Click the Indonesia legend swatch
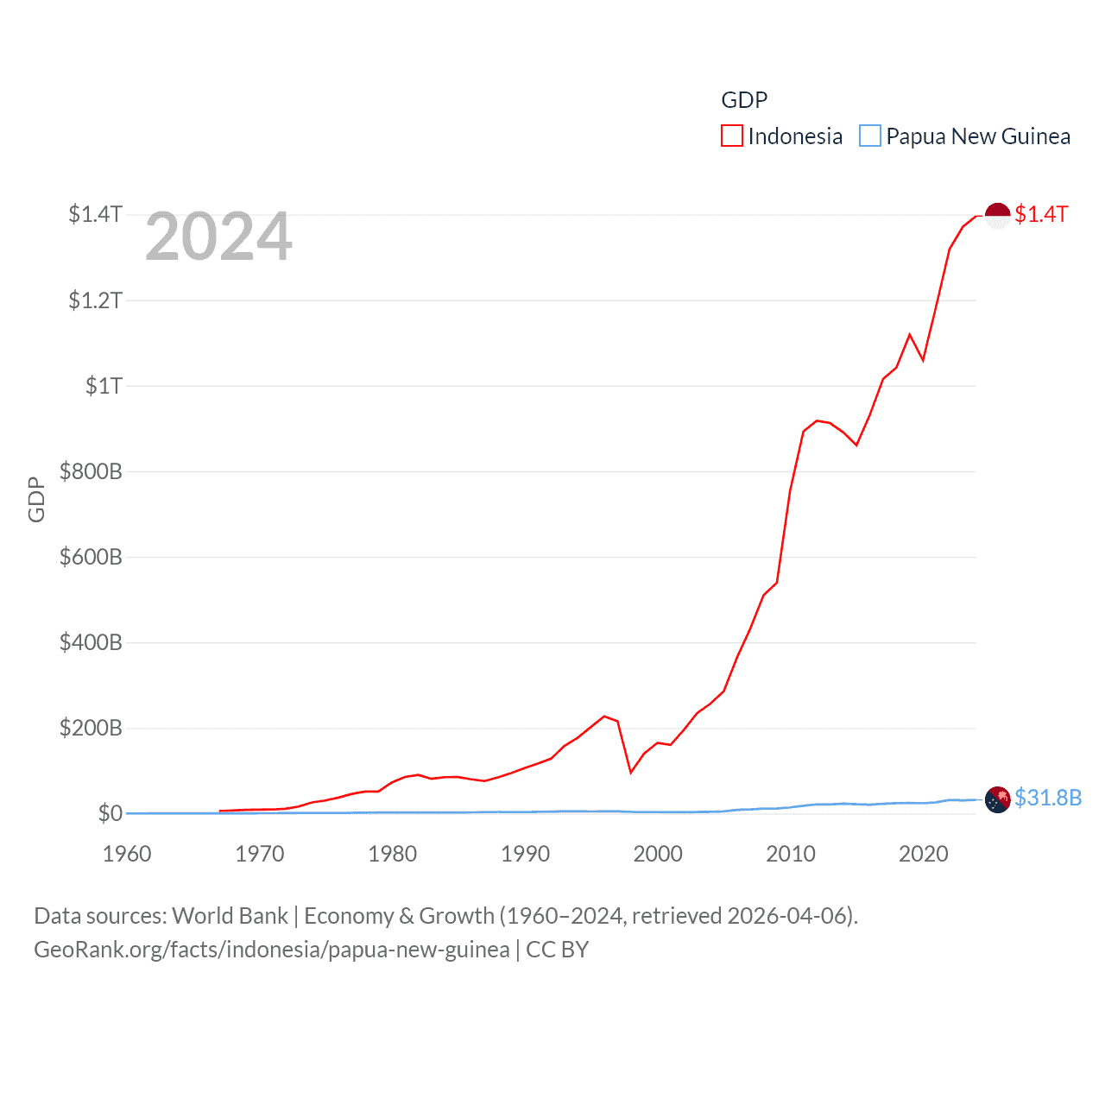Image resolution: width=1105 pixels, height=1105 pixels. [731, 136]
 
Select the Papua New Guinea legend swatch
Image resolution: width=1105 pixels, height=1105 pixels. [869, 136]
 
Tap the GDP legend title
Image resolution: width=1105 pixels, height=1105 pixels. [744, 100]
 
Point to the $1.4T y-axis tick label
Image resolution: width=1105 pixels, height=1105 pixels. [95, 214]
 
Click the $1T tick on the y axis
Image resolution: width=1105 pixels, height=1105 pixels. [104, 386]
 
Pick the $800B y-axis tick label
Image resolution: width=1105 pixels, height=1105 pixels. [91, 471]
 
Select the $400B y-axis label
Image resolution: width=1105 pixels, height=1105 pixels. [91, 642]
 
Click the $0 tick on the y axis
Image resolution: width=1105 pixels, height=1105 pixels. [110, 813]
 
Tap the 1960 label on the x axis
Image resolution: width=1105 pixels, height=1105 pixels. [127, 854]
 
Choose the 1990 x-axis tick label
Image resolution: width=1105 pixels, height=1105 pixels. [525, 854]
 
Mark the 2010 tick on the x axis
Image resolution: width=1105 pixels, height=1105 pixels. [791, 854]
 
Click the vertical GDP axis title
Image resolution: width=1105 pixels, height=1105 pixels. [36, 499]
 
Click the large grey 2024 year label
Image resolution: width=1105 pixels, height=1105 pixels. [218, 237]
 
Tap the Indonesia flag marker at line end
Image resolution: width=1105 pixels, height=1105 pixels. [997, 215]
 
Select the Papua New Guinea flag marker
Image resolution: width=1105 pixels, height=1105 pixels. [997, 799]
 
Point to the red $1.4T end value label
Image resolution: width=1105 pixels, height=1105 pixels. [1041, 214]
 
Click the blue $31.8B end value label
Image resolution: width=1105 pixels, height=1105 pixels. [1048, 798]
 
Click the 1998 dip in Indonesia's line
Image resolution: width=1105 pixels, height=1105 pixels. [630, 772]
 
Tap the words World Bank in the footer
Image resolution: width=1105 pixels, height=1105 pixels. [230, 916]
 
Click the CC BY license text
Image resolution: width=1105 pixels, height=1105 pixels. [557, 950]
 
